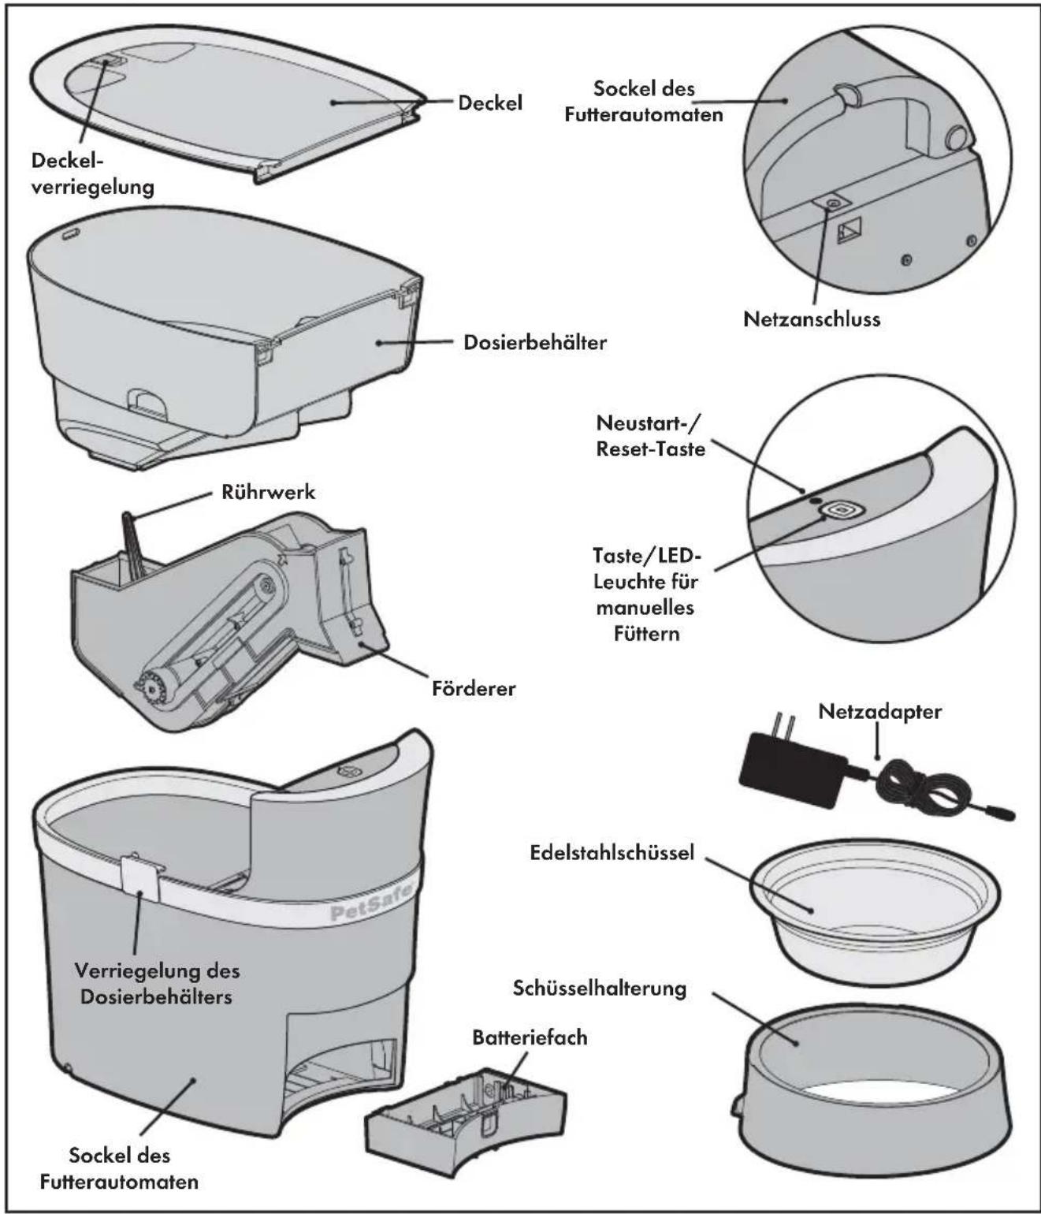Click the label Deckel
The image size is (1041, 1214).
pos(489,102)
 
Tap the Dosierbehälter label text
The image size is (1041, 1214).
pos(535,342)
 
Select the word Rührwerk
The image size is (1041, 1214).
pos(268,492)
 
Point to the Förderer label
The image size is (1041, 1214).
pos(474,687)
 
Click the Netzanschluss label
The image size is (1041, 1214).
pos(812,319)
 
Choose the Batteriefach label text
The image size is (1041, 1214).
pos(530,1037)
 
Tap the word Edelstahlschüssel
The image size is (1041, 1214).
pos(612,852)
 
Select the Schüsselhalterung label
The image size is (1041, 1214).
pos(600,988)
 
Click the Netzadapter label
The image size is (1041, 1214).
pos(879,711)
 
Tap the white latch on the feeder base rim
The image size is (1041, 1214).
pos(141,879)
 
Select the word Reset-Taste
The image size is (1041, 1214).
pos(651,449)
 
